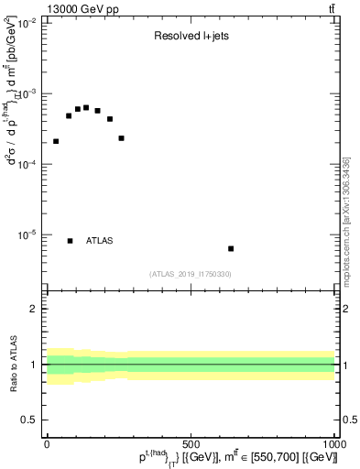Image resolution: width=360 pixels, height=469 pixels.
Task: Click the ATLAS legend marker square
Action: click(70, 241)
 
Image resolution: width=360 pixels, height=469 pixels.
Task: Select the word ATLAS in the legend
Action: click(99, 241)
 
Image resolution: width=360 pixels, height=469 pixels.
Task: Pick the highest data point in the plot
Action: click(86, 107)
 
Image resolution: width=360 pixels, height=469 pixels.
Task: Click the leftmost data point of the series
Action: click(56, 141)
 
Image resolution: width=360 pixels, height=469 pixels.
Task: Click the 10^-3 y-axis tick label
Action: click(27, 94)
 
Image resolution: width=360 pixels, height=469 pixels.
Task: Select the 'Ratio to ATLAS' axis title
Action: click(13, 364)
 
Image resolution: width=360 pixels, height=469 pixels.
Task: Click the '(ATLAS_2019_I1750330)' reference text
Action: click(191, 274)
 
